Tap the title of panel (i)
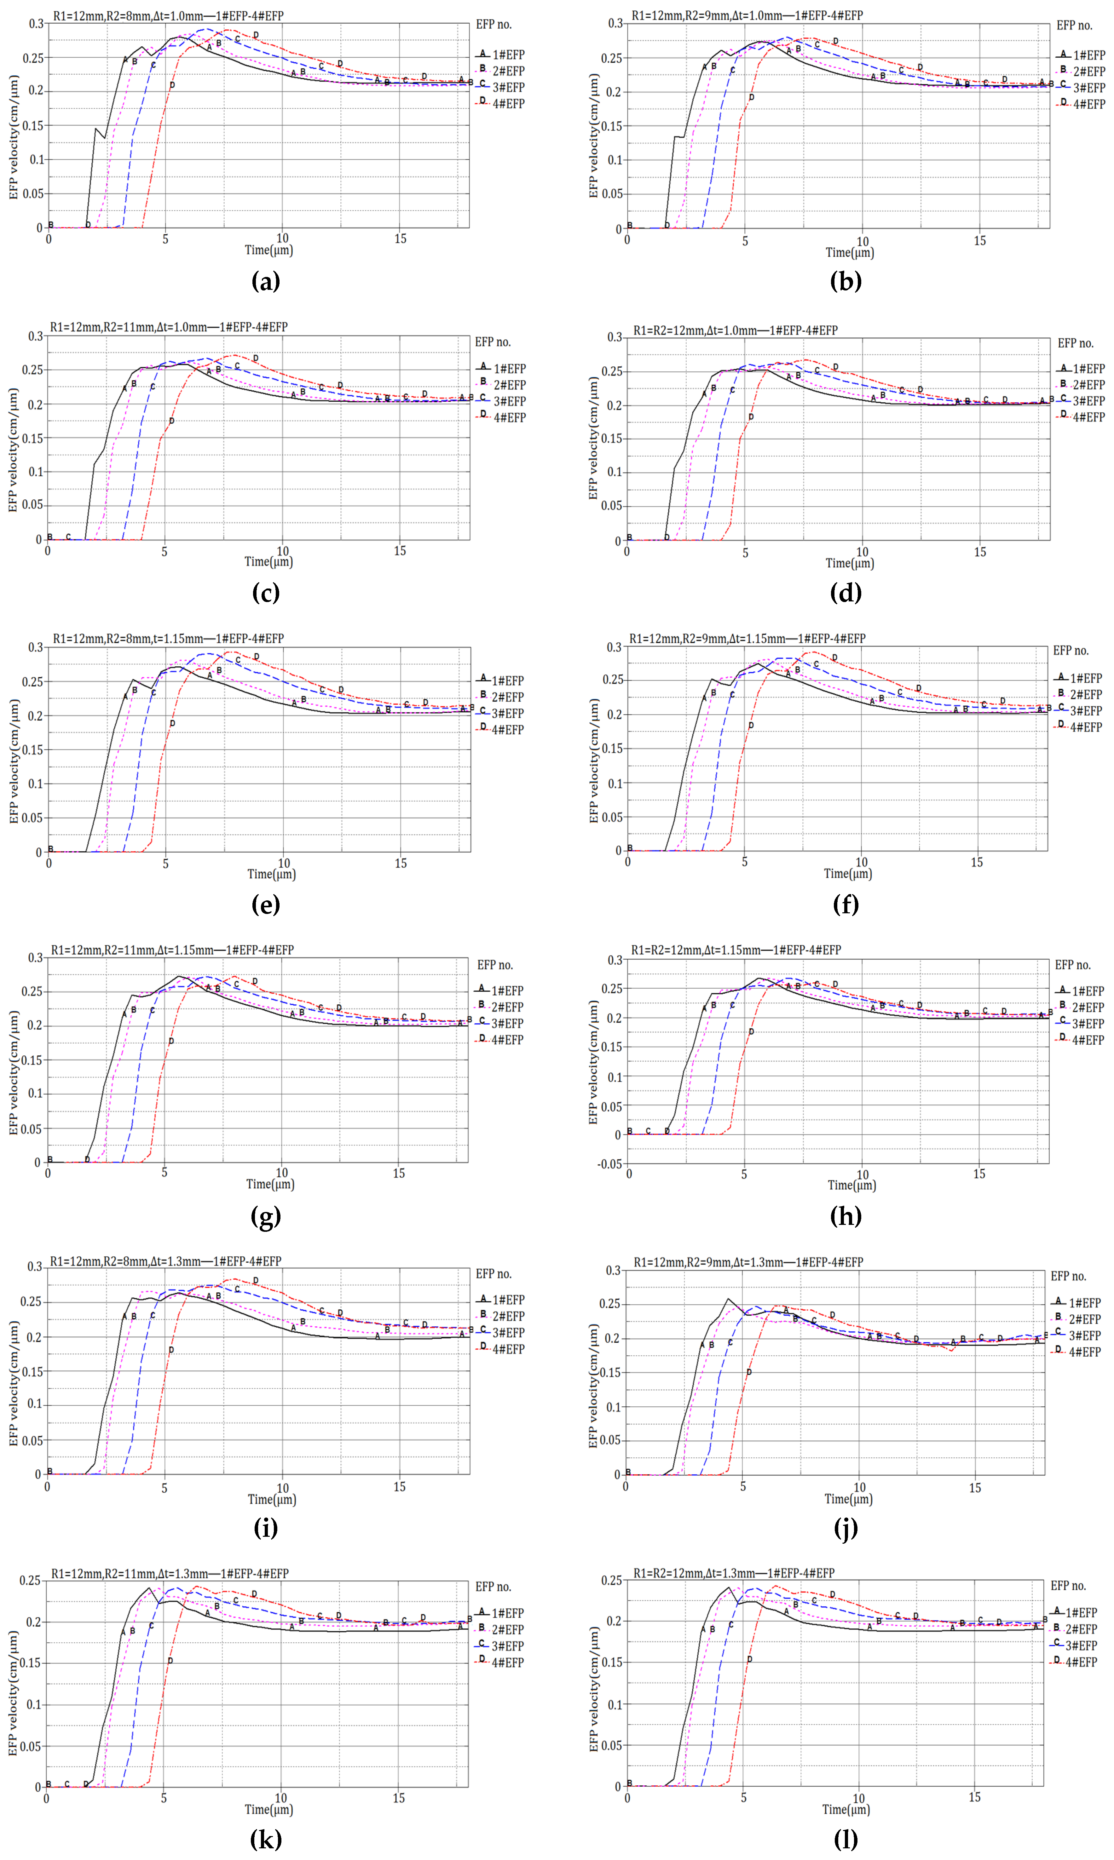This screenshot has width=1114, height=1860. pos(165,1261)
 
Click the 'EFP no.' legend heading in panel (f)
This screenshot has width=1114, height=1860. pos(1071,651)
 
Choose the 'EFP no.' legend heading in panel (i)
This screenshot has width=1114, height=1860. pos(493,1274)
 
